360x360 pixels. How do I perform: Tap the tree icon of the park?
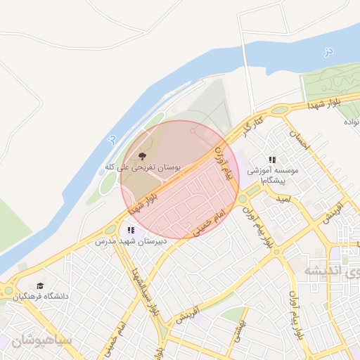point(143,155)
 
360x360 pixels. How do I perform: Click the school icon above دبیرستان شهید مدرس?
point(130,230)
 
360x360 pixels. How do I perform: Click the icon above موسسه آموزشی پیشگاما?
point(272,160)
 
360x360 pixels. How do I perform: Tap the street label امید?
point(283,200)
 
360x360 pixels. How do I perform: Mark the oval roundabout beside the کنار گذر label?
point(281,110)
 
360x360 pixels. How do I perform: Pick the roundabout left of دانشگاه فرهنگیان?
point(8,291)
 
